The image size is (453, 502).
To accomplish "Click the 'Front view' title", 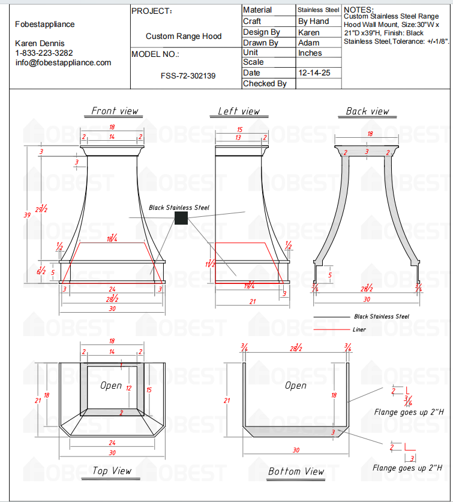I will (115, 111).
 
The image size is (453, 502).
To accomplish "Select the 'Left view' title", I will (239, 111).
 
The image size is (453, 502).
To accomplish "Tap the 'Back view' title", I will (367, 111).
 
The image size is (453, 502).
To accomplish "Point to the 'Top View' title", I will (112, 471).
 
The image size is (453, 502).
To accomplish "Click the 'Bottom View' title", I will (296, 471).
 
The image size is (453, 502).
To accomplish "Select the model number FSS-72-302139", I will (188, 76).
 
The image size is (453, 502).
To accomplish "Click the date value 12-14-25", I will (311, 73).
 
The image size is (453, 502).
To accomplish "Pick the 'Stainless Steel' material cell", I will (319, 10).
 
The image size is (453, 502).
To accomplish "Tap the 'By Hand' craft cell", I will (313, 21).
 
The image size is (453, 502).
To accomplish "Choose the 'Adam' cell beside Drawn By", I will (308, 43).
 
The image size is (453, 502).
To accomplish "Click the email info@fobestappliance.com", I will (63, 62).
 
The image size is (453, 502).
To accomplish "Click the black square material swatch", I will (181, 218).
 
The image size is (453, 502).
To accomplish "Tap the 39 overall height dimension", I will (26, 215).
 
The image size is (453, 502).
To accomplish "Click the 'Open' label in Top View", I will (111, 386).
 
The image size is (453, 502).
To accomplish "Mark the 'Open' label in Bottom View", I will (295, 386).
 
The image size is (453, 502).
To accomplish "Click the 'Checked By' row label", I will (265, 84).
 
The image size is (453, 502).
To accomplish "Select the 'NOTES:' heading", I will (358, 10).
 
